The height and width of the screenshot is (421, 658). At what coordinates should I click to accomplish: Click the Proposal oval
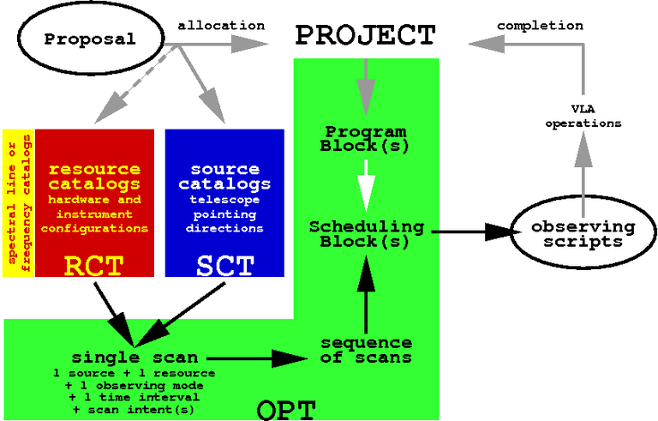pos(90,39)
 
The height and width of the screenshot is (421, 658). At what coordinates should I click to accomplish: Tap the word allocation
pos(221,25)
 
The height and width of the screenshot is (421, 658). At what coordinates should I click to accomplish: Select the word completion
pos(540,25)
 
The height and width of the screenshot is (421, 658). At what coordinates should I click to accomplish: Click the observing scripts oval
pos(583,233)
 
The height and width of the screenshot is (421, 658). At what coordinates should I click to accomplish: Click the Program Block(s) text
pos(365,138)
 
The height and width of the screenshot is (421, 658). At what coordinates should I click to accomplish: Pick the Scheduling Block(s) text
pos(366,233)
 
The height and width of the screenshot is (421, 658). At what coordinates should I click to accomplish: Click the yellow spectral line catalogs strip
pos(18,203)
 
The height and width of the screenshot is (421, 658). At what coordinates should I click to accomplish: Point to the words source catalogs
pos(224,177)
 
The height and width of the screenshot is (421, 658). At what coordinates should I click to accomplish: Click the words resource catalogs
pos(94,177)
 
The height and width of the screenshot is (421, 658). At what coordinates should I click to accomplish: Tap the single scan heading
pos(135,357)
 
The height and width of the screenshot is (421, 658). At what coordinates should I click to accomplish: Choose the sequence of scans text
pos(366,350)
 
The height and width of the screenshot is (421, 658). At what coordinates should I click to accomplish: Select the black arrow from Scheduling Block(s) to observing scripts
pos(471,231)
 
